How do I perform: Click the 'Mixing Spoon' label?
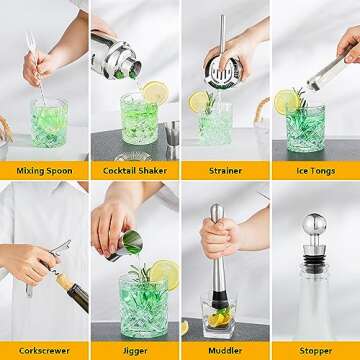click(x=45, y=171)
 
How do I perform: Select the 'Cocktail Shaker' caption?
click(x=135, y=171)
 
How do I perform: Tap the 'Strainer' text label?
click(x=225, y=171)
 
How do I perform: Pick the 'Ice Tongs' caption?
click(x=315, y=171)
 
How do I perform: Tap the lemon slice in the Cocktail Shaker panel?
click(x=155, y=93)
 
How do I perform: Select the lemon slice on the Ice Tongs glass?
click(x=286, y=101)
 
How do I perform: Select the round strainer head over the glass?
click(x=221, y=71)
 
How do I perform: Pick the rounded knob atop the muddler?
click(x=216, y=212)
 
